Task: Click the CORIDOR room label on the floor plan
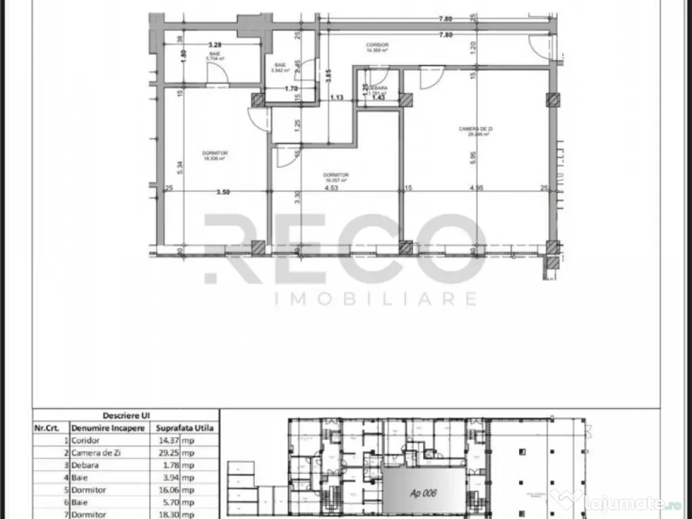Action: (377, 45)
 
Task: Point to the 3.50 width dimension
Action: (223, 192)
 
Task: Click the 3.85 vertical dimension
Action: (328, 76)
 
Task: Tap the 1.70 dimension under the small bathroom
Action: (291, 89)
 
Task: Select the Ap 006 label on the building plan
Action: (423, 493)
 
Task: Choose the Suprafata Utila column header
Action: (184, 428)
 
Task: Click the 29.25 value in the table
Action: (168, 453)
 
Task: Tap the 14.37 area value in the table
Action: (168, 441)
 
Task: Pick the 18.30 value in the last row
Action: (168, 514)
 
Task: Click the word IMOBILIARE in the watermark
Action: (376, 298)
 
